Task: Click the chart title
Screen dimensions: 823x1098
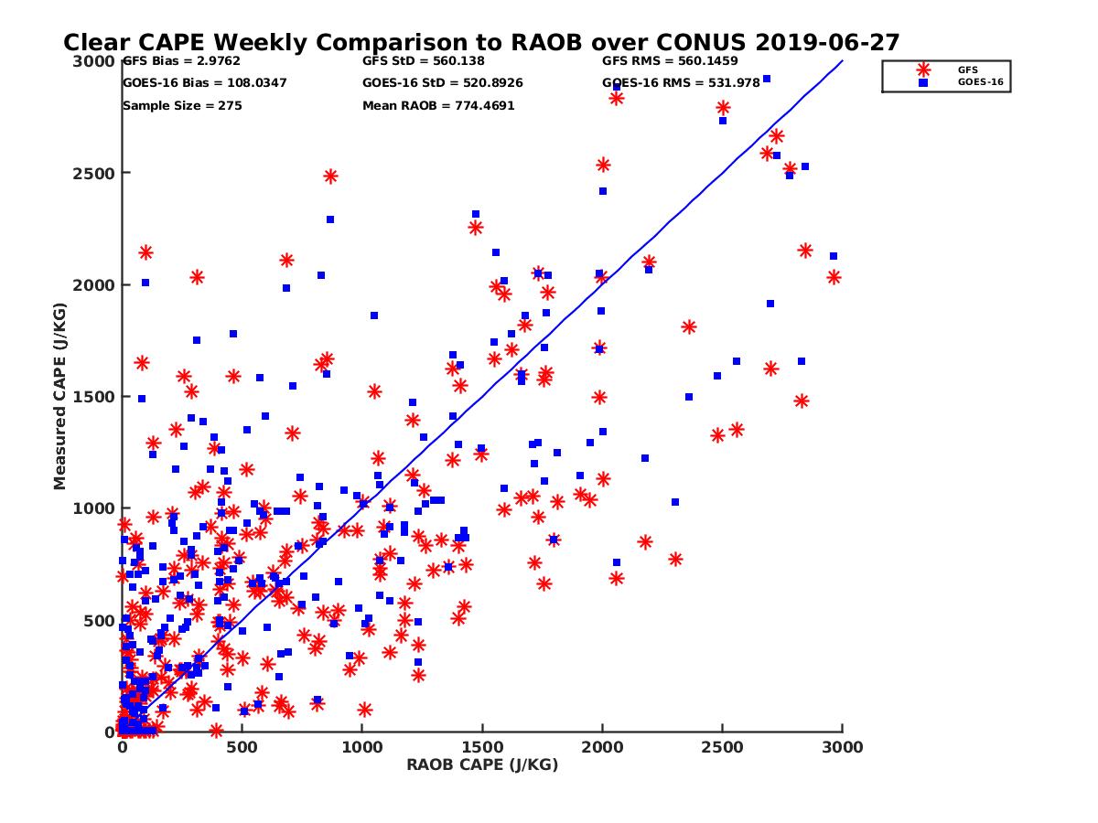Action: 481,43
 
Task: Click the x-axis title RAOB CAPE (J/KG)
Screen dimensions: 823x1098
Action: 482,765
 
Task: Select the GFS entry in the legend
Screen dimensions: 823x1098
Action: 967,69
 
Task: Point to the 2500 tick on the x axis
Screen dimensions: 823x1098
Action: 722,747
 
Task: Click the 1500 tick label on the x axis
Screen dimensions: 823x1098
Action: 482,747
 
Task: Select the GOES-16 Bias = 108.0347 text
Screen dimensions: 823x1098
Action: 204,83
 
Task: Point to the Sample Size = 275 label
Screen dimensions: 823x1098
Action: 182,106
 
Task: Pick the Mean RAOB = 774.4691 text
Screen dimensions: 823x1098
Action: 438,106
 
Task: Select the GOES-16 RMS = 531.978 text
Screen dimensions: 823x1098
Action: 681,83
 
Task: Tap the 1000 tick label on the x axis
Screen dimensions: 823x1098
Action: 362,747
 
